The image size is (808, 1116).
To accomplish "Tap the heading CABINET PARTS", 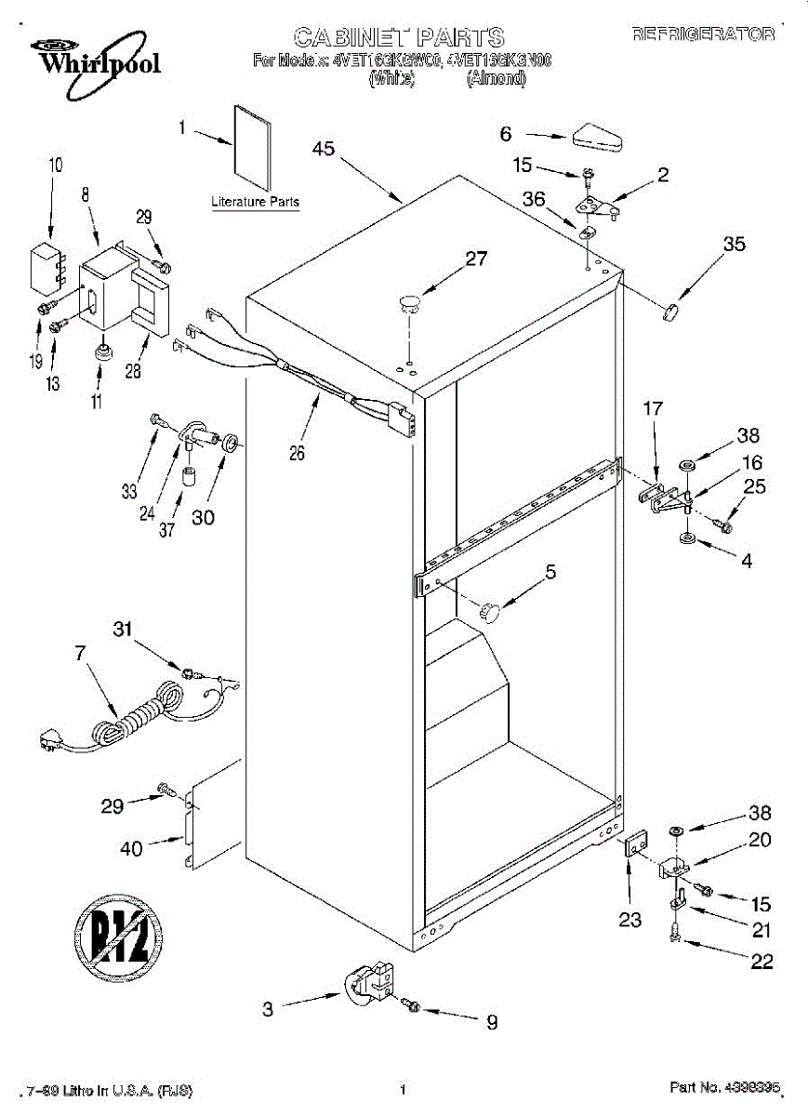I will pyautogui.click(x=399, y=37).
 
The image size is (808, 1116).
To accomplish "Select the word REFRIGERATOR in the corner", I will pyautogui.click(x=703, y=34).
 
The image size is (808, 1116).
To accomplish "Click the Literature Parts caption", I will pyautogui.click(x=255, y=202).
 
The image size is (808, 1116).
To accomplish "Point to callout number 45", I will pyautogui.click(x=324, y=148).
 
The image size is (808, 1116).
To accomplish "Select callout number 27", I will pyautogui.click(x=476, y=259).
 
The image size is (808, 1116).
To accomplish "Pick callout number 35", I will pyautogui.click(x=734, y=245).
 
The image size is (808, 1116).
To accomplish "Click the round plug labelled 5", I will pyautogui.click(x=490, y=611).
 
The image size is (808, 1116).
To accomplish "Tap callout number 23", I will pyautogui.click(x=630, y=920).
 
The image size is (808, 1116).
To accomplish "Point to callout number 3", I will pyautogui.click(x=268, y=1008).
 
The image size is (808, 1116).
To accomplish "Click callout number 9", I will pyautogui.click(x=491, y=1022).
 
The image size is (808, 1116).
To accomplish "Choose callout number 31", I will pyautogui.click(x=123, y=629).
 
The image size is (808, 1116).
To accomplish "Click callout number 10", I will pyautogui.click(x=56, y=166).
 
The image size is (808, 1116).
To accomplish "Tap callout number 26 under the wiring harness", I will pyautogui.click(x=297, y=454).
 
